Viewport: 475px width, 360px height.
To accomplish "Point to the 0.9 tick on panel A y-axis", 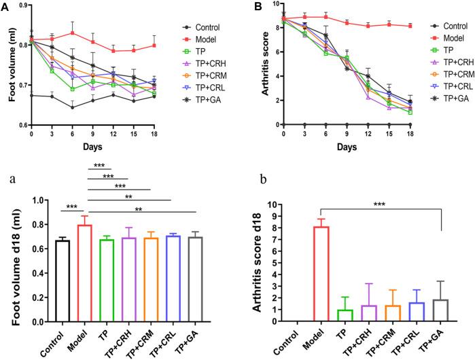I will [22, 5].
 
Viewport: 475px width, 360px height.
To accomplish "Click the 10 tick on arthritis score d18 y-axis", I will [290, 204].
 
